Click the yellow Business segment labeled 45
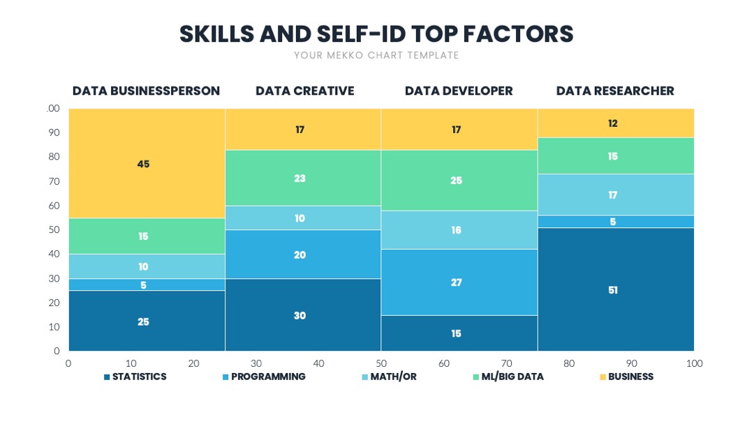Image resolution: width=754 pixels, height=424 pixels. coord(147,163)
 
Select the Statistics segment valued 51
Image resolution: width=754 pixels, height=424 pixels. coord(616,289)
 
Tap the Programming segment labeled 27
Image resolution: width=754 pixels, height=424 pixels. coord(459,282)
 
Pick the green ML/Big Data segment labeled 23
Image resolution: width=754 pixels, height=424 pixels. coord(303,178)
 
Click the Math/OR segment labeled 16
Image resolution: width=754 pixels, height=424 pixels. coord(459,230)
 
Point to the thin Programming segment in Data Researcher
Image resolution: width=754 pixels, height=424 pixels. coord(616,221)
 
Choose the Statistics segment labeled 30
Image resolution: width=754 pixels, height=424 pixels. coord(303,315)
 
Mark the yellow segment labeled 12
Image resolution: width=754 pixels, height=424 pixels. coord(616,123)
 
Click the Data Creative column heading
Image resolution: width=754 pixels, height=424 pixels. coord(305,91)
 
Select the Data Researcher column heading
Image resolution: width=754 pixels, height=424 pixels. coord(615,91)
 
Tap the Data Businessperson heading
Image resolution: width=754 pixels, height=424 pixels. coord(146,91)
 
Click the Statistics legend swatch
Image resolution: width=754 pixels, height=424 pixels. coord(107,377)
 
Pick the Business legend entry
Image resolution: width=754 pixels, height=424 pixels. coord(626,377)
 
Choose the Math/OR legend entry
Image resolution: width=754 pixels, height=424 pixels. coord(389,377)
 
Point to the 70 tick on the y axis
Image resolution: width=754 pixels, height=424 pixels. coord(54,181)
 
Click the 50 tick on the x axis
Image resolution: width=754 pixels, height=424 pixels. coord(381,363)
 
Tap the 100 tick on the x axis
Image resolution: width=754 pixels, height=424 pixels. coord(695,363)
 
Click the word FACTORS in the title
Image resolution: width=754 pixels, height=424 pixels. coord(518,34)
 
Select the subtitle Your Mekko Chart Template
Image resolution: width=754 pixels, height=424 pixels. coord(376,55)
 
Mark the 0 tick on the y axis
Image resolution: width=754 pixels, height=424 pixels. coord(57,351)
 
